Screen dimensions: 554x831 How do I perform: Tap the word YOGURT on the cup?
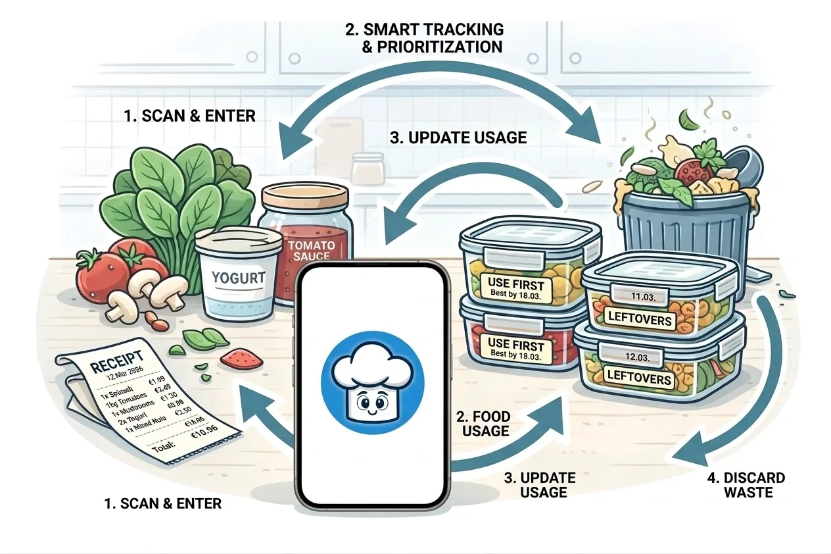(238, 277)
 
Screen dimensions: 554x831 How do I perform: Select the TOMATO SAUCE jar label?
(310, 253)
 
